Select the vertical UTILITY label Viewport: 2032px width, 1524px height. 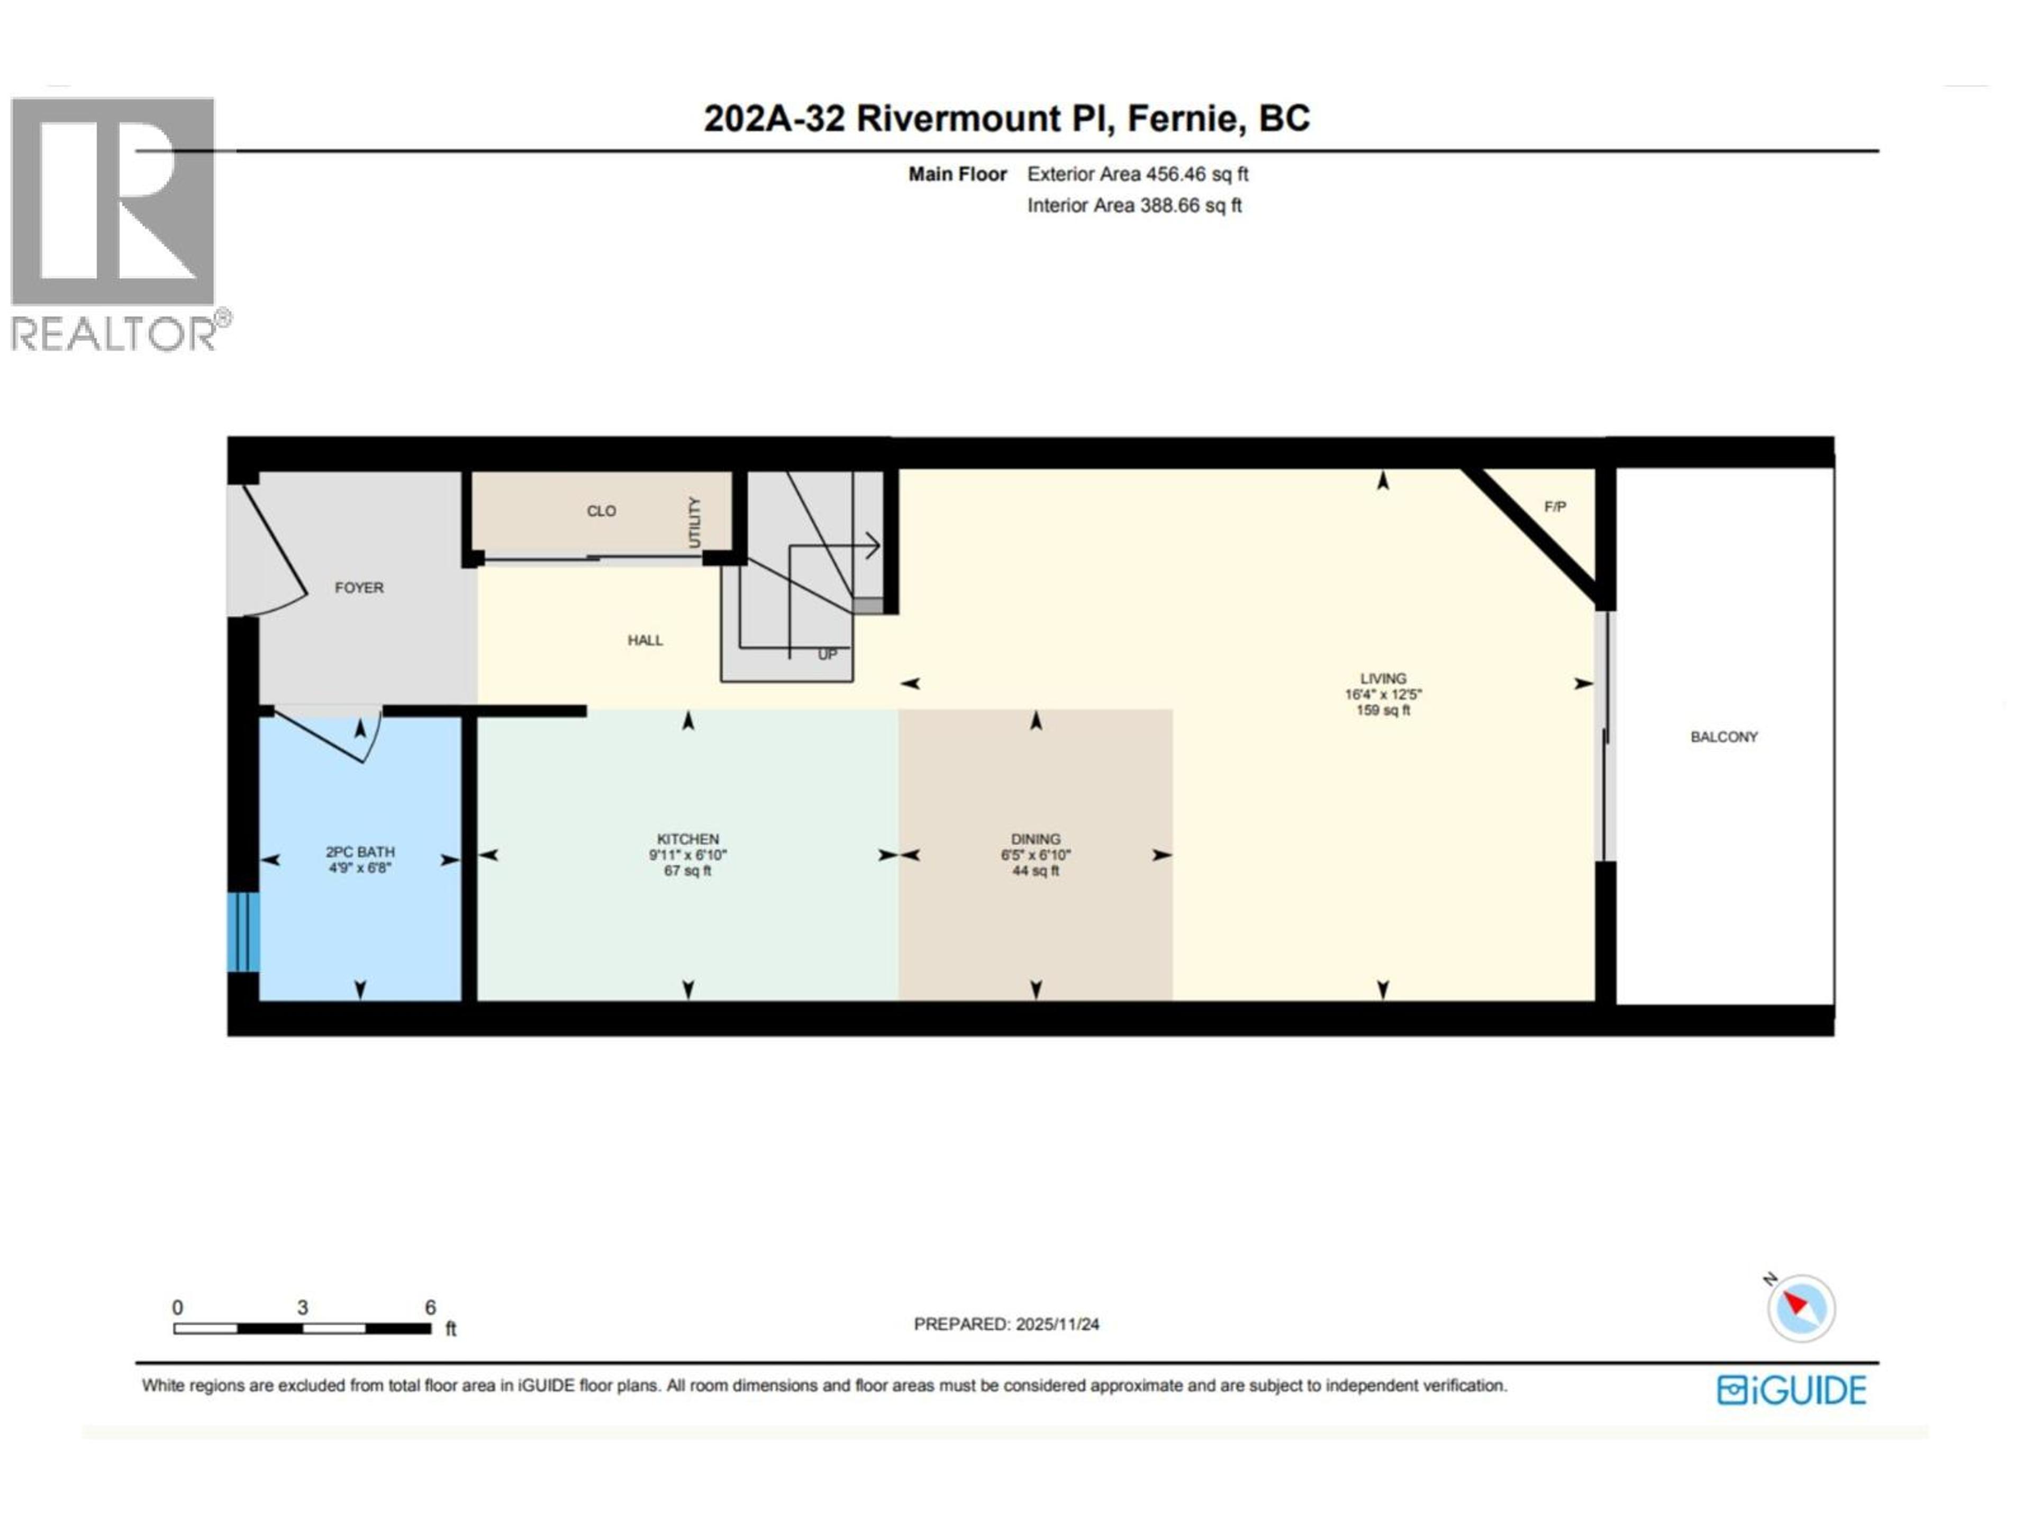(694, 522)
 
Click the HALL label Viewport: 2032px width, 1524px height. (645, 640)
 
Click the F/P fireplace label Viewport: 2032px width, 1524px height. (1554, 507)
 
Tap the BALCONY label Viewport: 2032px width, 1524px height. (1723, 737)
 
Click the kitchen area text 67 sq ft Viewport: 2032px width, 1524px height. (687, 871)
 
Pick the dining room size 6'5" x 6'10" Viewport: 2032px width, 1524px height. (1035, 855)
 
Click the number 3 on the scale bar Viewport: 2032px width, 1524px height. (302, 1307)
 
